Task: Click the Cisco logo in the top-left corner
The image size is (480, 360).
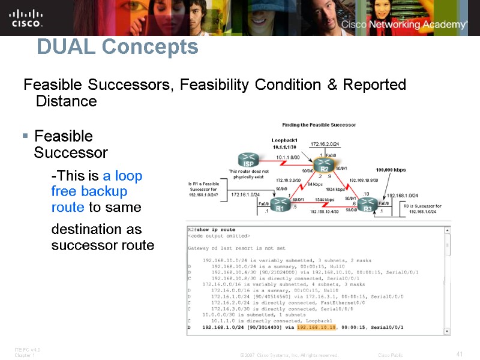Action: click(x=26, y=17)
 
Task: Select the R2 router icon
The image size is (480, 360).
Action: click(x=324, y=165)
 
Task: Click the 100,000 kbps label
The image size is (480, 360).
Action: click(x=391, y=170)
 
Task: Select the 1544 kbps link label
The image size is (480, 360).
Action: click(x=324, y=199)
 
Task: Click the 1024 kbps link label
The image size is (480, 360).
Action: click(x=335, y=189)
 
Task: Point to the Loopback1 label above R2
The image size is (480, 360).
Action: click(x=284, y=140)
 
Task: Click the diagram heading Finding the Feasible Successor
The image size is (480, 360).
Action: click(x=319, y=125)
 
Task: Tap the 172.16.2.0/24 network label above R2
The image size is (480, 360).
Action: click(x=325, y=144)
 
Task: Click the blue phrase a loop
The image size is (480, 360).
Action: click(x=123, y=176)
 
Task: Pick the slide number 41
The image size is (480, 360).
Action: click(x=460, y=354)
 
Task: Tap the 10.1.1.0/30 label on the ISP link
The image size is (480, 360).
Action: click(x=287, y=157)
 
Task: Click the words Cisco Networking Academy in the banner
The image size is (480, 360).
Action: click(x=404, y=25)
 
